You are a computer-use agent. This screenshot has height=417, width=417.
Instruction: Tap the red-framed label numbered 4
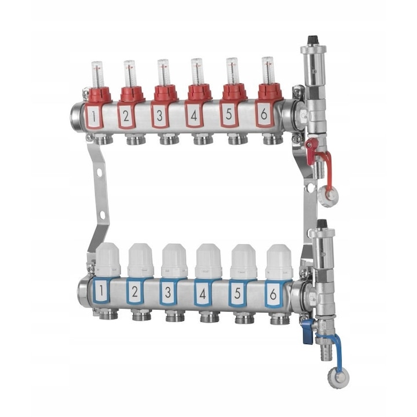pos(194,115)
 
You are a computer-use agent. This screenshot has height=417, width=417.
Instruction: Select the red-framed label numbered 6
pos(264,114)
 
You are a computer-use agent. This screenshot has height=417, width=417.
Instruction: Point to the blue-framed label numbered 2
pos(135,291)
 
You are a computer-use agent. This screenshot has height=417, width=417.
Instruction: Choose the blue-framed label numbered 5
pos(237,293)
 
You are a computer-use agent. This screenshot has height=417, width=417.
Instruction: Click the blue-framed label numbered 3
pos(168,292)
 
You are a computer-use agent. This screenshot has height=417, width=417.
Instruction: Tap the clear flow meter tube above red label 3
pos(163,72)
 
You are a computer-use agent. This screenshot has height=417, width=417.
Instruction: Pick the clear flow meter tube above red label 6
pos(268,71)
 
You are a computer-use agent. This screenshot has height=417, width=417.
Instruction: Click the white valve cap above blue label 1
pos(108,259)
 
